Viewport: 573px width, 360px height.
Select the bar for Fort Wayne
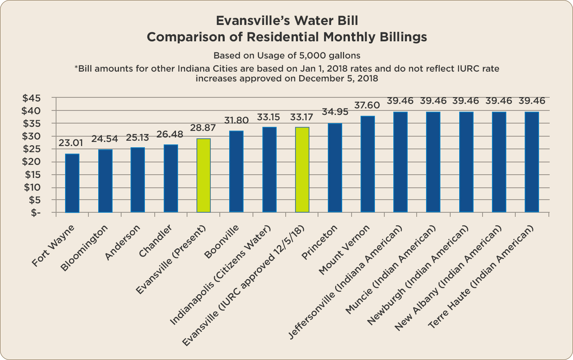(x=72, y=183)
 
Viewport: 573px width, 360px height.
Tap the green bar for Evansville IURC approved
(x=302, y=169)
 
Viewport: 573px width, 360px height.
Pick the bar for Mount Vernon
(x=368, y=164)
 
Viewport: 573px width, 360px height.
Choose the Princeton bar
(x=335, y=167)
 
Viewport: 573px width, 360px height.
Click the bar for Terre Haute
(x=532, y=162)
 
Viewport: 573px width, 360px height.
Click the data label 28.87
(x=203, y=128)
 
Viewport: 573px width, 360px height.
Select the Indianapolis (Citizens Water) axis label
(x=221, y=275)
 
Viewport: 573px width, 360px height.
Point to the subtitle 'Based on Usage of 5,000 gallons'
(x=286, y=55)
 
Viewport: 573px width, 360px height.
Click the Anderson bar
(x=138, y=180)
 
